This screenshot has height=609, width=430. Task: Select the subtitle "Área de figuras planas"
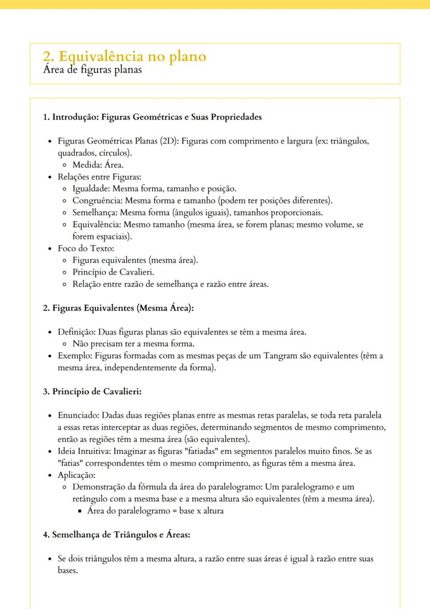pos(92,70)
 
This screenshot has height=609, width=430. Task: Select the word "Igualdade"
pos(90,188)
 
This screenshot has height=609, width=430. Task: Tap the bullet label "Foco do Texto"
pos(81,248)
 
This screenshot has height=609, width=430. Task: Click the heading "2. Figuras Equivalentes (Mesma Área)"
pos(118,308)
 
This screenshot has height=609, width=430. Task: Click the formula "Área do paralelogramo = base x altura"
pos(155,511)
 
